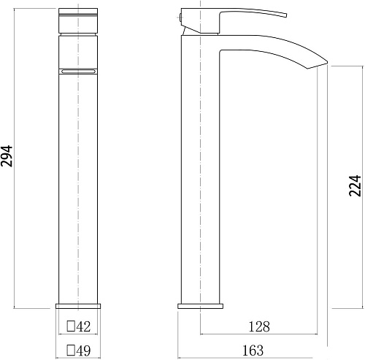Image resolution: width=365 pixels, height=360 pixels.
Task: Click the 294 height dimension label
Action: (x=7, y=156)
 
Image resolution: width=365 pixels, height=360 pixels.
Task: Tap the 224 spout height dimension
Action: (x=355, y=185)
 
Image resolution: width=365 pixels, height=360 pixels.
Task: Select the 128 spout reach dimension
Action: (x=259, y=326)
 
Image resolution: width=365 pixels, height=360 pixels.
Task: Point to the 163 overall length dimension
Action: (x=253, y=351)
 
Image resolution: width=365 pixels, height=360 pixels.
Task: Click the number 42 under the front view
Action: (x=83, y=326)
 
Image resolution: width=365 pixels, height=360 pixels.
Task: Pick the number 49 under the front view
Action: (x=83, y=351)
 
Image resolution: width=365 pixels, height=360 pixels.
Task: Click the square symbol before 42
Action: (x=71, y=326)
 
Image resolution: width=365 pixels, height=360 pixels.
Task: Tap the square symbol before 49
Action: (x=71, y=351)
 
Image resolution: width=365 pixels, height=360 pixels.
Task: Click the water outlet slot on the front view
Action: (x=78, y=72)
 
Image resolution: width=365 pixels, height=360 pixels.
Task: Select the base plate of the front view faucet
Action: (x=78, y=306)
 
